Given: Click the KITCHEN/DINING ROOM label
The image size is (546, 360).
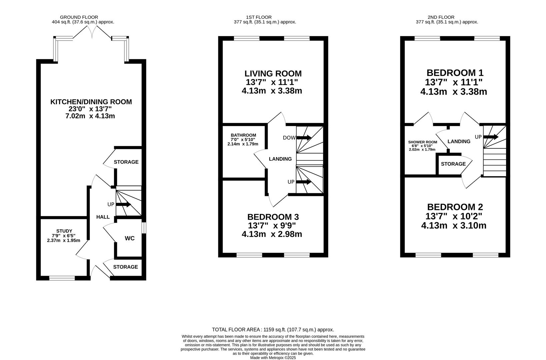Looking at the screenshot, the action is coord(91,102).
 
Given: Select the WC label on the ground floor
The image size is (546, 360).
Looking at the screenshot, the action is coord(130,238).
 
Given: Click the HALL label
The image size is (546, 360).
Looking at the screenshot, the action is coord(103,217).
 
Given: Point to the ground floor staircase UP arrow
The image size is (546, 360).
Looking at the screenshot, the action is coord(123,204).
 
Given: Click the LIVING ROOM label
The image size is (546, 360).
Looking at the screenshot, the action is coord(273,73).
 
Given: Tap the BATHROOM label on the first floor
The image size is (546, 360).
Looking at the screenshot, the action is coord(244,135).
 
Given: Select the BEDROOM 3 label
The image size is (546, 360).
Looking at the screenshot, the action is coord(273,217).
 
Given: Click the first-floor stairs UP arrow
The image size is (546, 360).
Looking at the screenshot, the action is coord(304,182).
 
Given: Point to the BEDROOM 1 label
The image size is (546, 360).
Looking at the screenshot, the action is coord(455,73).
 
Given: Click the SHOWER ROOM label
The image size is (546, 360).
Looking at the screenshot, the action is coord(423,142).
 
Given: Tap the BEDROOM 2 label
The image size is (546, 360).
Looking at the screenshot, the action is coord(455,207).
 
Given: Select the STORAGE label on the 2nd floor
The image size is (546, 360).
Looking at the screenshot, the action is coord(453,164).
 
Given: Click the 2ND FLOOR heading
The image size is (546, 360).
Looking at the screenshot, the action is coord(441,17).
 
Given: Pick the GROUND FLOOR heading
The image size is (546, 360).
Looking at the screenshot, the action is coord(79,17).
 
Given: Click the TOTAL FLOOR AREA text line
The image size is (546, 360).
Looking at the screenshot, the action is coord(273,330).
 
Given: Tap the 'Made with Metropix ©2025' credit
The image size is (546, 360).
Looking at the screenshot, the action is coord(273,358).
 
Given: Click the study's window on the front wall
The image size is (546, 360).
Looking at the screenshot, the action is coord(62,278).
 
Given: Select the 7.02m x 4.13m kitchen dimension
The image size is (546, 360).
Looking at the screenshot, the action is coord(90,116).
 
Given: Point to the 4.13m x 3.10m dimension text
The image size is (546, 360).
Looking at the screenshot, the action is coord(454,225).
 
